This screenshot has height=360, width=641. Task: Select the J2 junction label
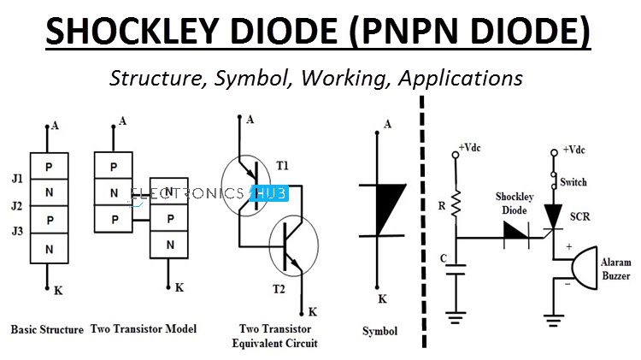point(16,206)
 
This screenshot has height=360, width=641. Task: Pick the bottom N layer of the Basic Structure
point(50,248)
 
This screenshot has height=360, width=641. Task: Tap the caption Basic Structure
point(47,329)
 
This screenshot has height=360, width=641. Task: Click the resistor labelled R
point(456,204)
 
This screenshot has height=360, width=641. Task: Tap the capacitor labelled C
point(456,270)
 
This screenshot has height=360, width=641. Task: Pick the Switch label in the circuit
point(573,183)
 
